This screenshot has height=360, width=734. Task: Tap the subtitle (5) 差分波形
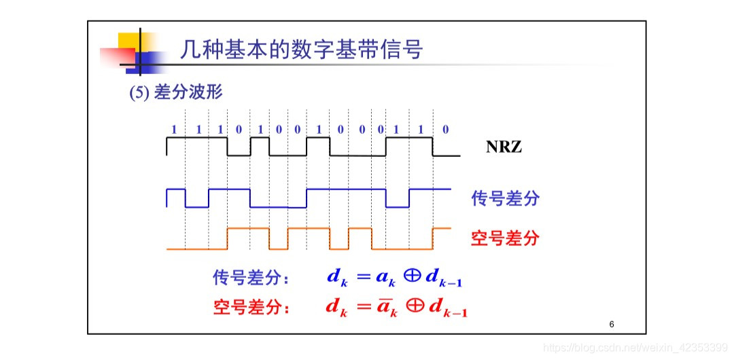[x=175, y=93]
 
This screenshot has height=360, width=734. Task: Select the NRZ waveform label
[x=504, y=146]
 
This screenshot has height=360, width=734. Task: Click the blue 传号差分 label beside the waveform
[x=505, y=198]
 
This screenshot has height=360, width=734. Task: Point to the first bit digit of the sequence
[x=174, y=129]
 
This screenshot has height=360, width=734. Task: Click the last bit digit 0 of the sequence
[x=445, y=129]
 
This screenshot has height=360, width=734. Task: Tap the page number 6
[x=612, y=325]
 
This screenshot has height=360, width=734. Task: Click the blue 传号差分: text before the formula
[x=251, y=278]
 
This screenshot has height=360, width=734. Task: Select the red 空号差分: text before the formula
[x=251, y=308]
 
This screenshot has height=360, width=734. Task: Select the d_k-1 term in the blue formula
[x=444, y=278]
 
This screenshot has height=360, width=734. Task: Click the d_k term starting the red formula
[x=336, y=307]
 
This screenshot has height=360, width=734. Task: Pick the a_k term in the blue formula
[x=385, y=278]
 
